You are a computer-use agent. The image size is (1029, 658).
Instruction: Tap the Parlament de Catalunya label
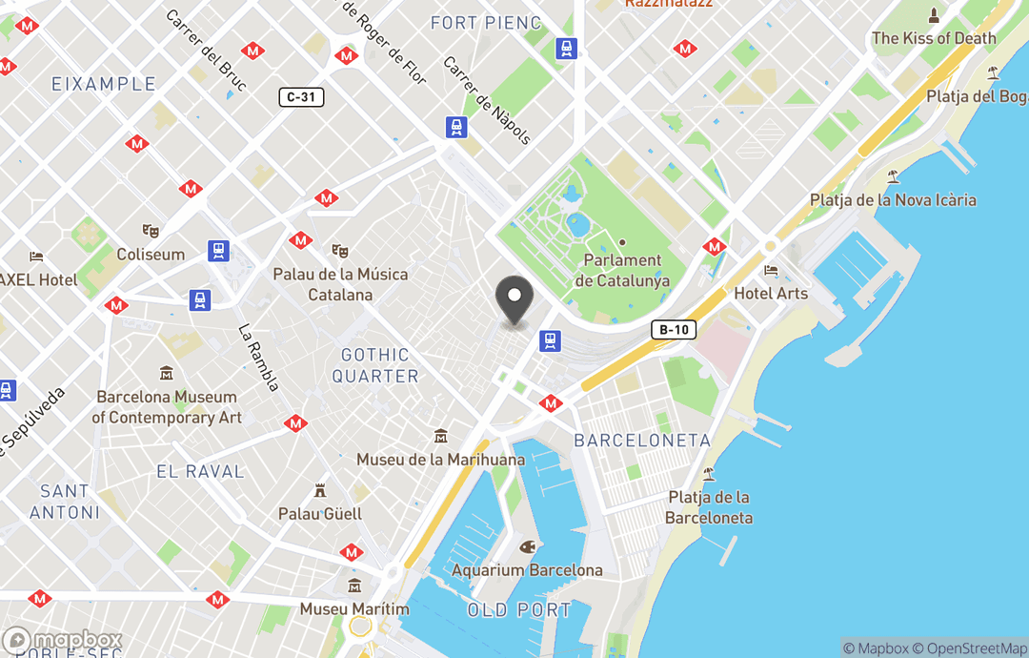click(x=622, y=270)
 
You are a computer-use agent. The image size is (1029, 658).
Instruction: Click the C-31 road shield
click(x=301, y=96)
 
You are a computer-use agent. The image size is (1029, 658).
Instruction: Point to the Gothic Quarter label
click(x=375, y=366)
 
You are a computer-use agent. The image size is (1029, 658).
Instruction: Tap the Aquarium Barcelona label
click(x=527, y=569)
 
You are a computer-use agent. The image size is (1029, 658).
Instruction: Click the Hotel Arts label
click(x=771, y=293)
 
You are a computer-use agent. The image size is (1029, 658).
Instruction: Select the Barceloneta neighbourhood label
click(x=642, y=441)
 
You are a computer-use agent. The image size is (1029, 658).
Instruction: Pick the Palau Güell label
click(x=320, y=513)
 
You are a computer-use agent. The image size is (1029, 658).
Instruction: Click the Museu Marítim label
click(x=354, y=608)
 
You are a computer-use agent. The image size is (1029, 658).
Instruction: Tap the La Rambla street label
click(x=259, y=359)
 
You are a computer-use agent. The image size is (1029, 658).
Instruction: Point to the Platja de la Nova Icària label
click(x=893, y=199)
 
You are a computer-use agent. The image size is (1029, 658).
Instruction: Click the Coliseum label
click(x=151, y=255)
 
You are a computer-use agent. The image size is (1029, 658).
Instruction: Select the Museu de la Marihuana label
click(x=440, y=459)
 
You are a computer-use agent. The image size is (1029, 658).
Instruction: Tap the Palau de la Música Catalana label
click(x=340, y=284)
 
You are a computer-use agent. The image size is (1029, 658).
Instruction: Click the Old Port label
click(x=519, y=609)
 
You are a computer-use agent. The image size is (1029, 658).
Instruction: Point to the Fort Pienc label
click(x=486, y=22)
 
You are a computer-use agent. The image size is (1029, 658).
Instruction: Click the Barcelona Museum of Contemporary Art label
click(x=167, y=407)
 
